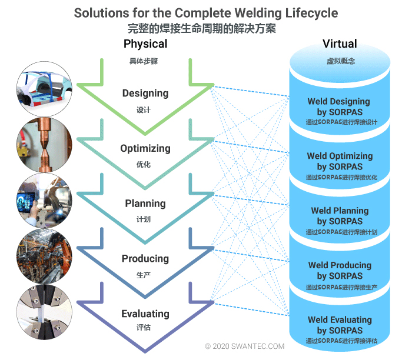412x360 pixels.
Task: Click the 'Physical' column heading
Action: (x=145, y=44)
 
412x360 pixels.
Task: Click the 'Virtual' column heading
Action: (x=340, y=44)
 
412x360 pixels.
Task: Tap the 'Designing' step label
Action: (x=145, y=94)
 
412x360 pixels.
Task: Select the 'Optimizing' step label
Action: (x=145, y=148)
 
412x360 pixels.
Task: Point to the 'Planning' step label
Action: (x=145, y=204)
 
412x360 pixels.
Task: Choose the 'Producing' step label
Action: (x=145, y=259)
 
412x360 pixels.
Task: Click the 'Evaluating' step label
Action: (x=145, y=314)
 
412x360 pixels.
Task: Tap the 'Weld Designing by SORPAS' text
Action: (x=338, y=106)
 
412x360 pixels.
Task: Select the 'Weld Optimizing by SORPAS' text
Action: (x=340, y=161)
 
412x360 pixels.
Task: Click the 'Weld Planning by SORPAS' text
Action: (x=340, y=216)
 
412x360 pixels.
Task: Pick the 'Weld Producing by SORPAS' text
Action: (x=340, y=271)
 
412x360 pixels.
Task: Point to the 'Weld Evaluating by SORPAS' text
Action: (x=340, y=325)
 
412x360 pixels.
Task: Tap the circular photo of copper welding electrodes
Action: (x=45, y=145)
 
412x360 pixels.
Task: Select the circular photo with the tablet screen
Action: (x=45, y=200)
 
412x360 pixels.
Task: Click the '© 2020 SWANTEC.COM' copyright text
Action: (x=244, y=347)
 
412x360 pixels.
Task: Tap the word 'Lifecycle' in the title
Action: (x=310, y=13)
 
